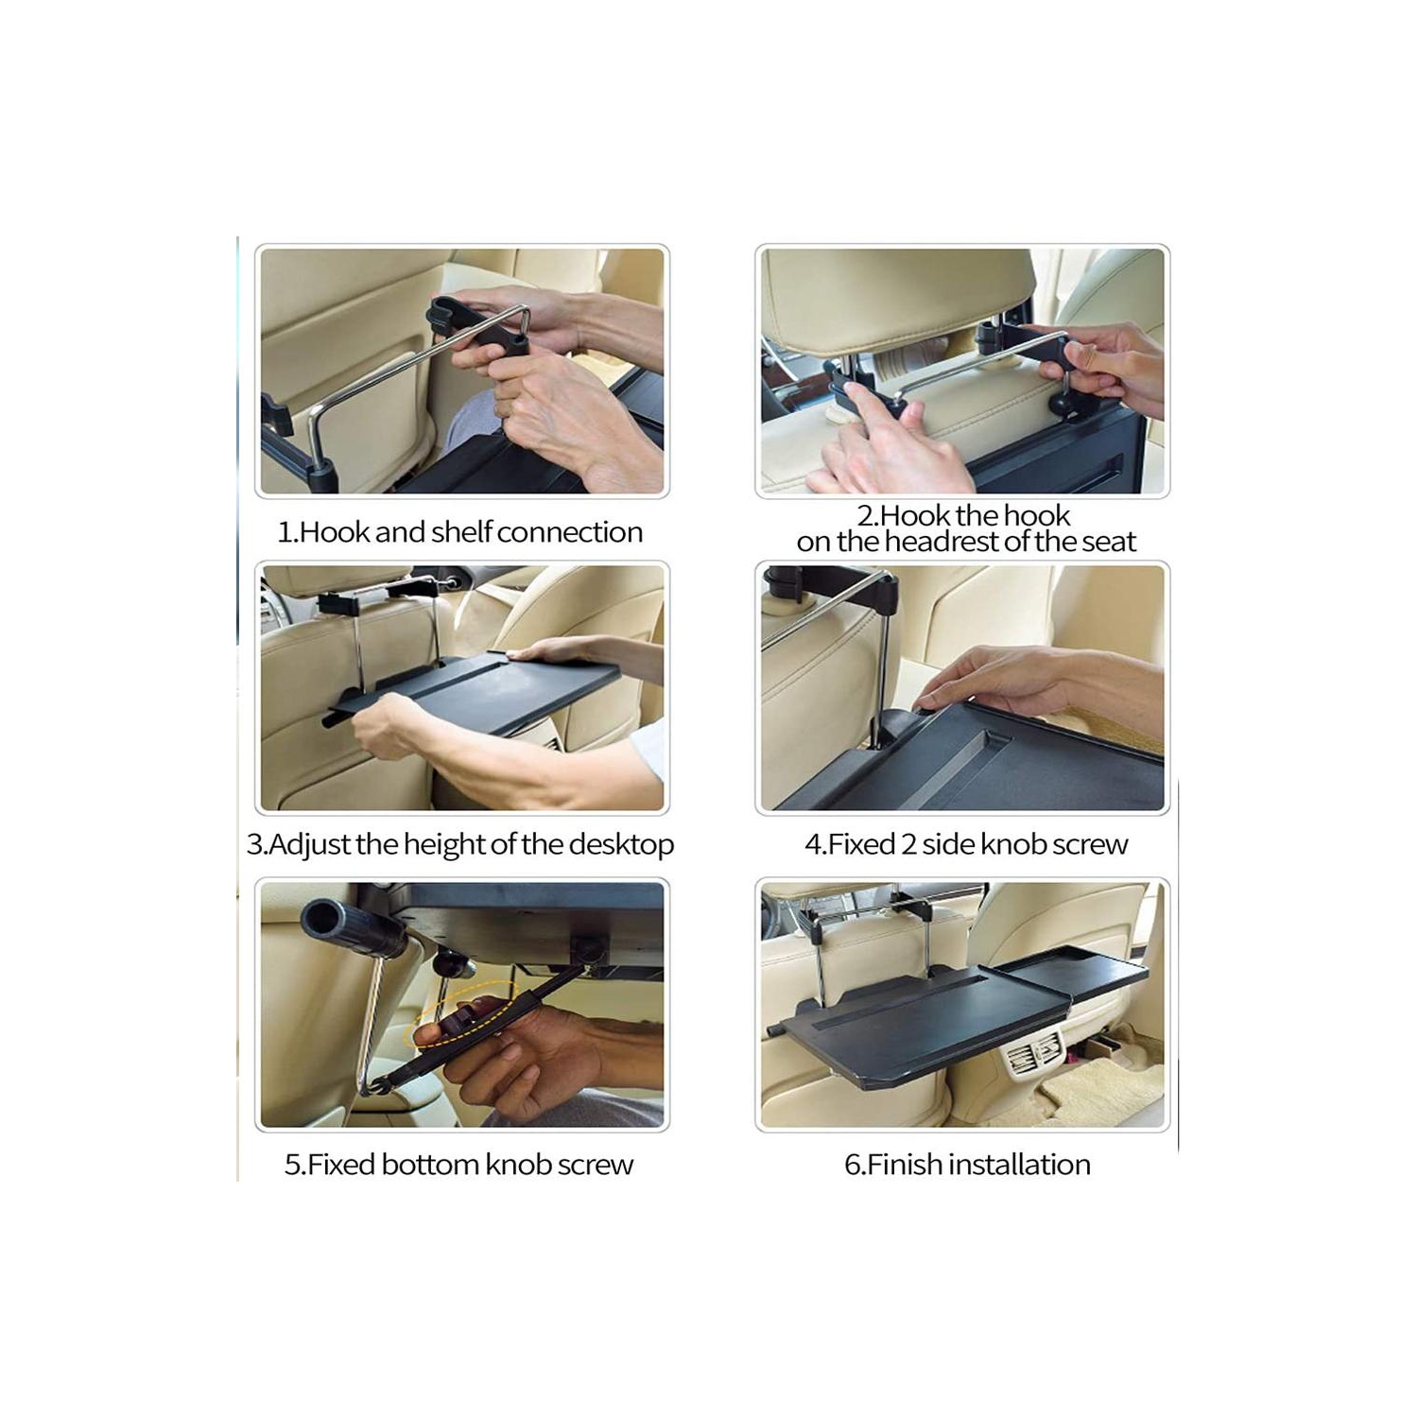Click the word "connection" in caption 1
click(x=569, y=532)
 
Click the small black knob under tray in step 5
click(x=452, y=964)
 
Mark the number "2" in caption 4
click(x=908, y=844)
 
